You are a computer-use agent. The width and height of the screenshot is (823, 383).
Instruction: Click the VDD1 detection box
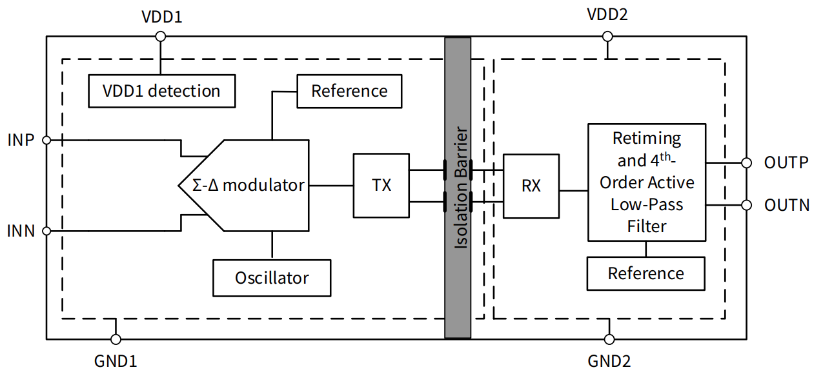[161, 91]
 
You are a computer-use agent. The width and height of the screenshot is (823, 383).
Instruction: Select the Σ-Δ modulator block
[249, 185]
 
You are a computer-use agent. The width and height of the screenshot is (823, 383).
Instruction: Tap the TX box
[381, 185]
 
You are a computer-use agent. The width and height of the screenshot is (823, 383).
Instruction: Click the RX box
[531, 186]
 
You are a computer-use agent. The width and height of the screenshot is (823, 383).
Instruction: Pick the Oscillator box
[272, 278]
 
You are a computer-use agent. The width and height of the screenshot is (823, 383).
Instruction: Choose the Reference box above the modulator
[349, 91]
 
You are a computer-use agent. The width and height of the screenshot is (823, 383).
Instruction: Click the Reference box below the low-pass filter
[645, 273]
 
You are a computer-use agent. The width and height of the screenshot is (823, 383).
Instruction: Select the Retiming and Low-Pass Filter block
[646, 182]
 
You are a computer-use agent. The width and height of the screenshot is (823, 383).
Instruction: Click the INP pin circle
[46, 139]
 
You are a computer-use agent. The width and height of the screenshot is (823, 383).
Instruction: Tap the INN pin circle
[46, 230]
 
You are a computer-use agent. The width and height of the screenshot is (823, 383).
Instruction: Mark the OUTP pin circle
[746, 162]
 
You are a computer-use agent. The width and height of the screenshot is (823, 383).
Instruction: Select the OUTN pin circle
[746, 205]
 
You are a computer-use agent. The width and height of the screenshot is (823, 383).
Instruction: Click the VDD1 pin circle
[161, 37]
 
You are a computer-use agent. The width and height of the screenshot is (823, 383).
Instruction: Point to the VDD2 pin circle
[607, 37]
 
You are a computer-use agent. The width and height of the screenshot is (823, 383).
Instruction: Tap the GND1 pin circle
[116, 339]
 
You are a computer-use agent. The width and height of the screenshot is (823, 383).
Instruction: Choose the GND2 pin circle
[608, 339]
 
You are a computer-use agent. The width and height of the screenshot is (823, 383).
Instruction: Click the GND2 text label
[609, 361]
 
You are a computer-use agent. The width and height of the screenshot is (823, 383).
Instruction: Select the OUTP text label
[786, 162]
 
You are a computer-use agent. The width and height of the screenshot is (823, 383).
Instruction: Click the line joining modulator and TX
[330, 185]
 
